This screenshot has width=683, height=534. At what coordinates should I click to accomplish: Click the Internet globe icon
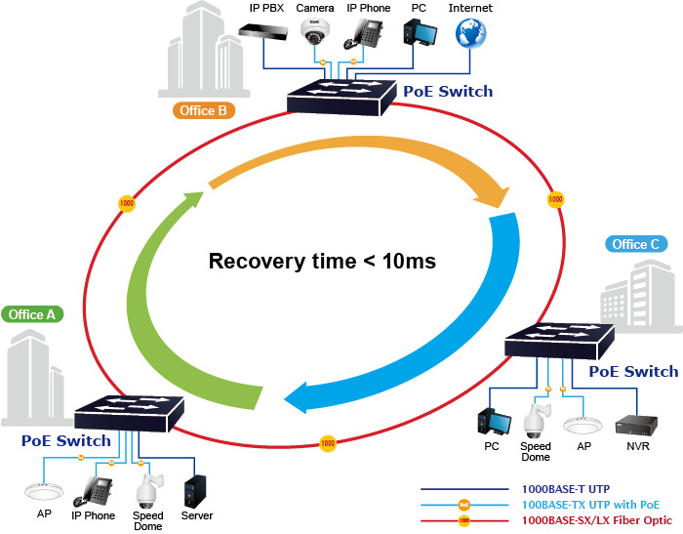click(x=470, y=33)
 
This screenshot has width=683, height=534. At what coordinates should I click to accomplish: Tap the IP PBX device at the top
click(x=263, y=31)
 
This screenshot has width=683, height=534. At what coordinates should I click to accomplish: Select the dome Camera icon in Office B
click(x=314, y=31)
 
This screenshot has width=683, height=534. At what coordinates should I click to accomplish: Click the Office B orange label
click(x=203, y=110)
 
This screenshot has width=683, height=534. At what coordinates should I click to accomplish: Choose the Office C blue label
click(x=636, y=244)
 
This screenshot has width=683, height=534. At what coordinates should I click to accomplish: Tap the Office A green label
click(x=32, y=314)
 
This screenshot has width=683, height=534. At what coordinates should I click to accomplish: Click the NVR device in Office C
click(x=636, y=426)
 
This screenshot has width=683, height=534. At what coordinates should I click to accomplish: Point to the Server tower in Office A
click(x=195, y=491)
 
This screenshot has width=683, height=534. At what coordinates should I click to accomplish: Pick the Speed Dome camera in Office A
click(x=149, y=490)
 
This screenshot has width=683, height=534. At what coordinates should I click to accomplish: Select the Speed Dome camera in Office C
click(x=537, y=421)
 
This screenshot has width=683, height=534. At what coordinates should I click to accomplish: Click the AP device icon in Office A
click(x=44, y=492)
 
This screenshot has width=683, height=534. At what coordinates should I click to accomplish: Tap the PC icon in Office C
click(x=494, y=422)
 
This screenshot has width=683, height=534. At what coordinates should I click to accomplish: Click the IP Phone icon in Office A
click(x=93, y=491)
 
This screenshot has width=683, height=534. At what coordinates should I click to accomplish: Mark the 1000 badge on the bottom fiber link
click(x=328, y=443)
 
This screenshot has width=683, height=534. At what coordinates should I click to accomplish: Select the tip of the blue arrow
click(x=285, y=399)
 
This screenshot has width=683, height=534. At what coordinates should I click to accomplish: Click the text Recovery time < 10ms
click(x=322, y=261)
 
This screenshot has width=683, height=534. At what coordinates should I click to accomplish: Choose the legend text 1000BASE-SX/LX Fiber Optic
click(x=597, y=520)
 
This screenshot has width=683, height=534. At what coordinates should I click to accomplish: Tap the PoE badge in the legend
click(x=464, y=505)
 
